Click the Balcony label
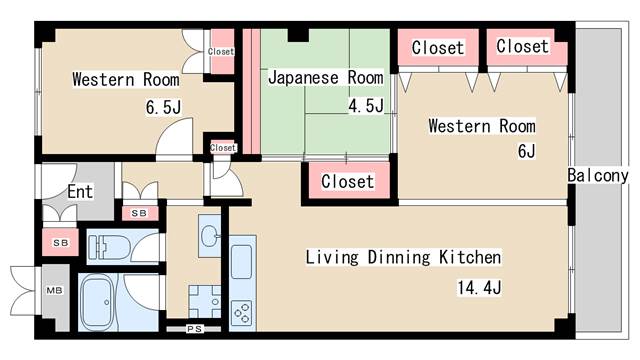(x=598, y=176)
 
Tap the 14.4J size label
(x=479, y=288)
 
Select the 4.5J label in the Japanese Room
(x=366, y=106)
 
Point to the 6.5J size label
(x=163, y=107)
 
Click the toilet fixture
(x=109, y=246)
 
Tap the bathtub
(x=98, y=302)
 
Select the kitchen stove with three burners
(x=242, y=313)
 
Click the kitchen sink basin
(x=241, y=262)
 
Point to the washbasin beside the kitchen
(x=210, y=236)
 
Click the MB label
(x=54, y=290)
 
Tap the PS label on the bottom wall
(x=194, y=329)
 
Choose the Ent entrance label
(x=80, y=191)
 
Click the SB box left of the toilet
(x=60, y=242)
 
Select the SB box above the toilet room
(x=140, y=213)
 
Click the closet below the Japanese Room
(x=347, y=181)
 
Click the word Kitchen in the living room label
(x=470, y=258)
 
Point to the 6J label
(x=526, y=151)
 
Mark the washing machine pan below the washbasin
(x=204, y=301)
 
